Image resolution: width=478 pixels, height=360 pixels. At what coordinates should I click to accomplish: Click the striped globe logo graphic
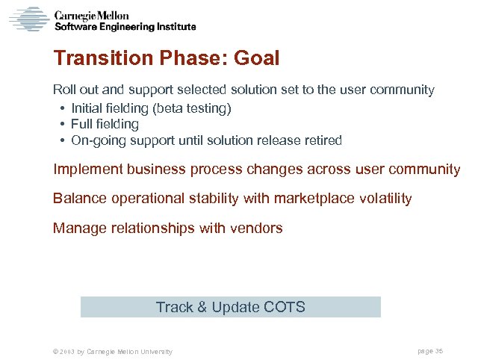click(x=28, y=19)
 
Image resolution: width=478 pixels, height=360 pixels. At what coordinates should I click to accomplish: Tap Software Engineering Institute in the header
click(x=125, y=26)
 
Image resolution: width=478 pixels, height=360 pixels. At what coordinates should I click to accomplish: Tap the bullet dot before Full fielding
click(x=59, y=125)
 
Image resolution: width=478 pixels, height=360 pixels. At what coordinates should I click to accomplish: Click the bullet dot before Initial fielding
click(x=59, y=109)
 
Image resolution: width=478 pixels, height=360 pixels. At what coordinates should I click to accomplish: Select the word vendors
click(x=260, y=229)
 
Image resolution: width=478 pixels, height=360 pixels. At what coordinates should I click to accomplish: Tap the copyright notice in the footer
click(x=108, y=351)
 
